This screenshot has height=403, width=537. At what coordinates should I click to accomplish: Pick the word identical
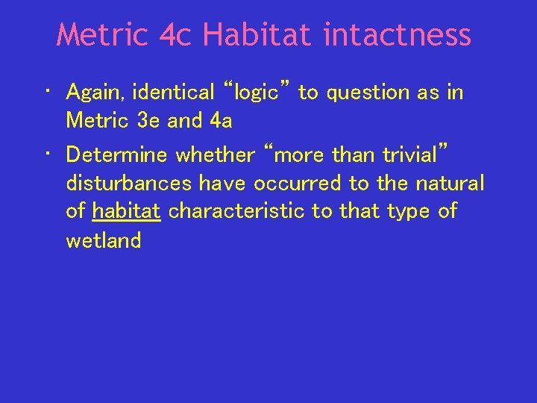173,93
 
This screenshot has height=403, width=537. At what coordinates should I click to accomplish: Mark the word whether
215,154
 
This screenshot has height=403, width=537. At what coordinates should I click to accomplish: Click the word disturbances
129,183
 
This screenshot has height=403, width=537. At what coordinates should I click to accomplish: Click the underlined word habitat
126,211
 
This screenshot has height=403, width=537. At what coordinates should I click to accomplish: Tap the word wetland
103,240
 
